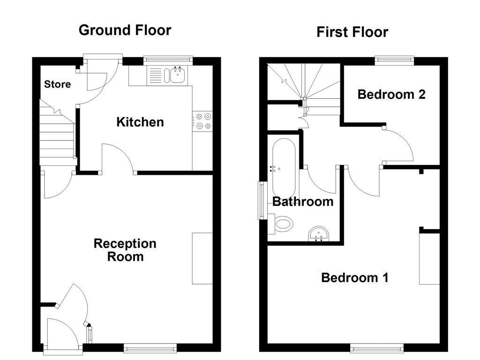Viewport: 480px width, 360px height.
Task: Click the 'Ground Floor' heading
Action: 125,30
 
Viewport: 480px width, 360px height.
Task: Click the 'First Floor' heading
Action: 352,32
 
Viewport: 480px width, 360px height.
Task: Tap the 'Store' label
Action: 58,84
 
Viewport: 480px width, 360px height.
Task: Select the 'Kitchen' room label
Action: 140,122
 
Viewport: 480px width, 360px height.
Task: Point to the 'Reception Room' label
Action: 125,250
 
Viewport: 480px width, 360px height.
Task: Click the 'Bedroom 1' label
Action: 354,277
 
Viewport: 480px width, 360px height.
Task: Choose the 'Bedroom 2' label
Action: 391,94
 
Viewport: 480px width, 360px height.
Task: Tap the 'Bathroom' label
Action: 303,202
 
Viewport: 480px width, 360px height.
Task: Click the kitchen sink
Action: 177,75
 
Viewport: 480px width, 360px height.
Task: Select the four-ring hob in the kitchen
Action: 202,120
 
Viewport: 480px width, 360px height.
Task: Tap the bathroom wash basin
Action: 320,233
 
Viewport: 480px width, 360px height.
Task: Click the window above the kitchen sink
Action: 168,60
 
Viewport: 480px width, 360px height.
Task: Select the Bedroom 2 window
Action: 394,60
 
